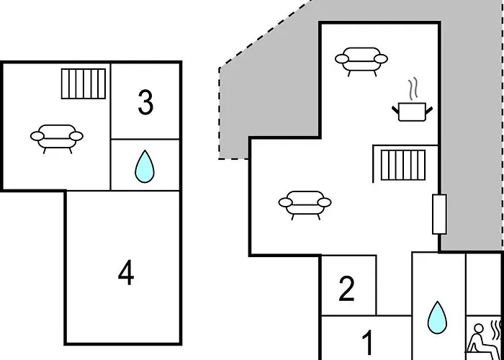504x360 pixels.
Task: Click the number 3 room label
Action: pyautogui.click(x=145, y=103)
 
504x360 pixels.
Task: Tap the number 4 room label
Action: pyautogui.click(x=126, y=273)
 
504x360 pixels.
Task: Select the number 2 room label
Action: pyautogui.click(x=347, y=289)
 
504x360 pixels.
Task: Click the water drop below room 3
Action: pyautogui.click(x=145, y=166)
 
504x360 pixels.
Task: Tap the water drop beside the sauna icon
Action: pyautogui.click(x=436, y=318)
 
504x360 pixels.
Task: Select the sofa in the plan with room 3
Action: pyautogui.click(x=57, y=135)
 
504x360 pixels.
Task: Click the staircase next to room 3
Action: pyautogui.click(x=84, y=84)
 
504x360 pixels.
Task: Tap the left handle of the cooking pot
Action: pyautogui.click(x=396, y=107)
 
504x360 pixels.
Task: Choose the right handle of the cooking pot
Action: pyautogui.click(x=430, y=107)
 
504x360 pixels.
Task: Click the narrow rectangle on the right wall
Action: pyautogui.click(x=439, y=214)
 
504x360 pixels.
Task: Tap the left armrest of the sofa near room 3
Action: pyautogui.click(x=37, y=135)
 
